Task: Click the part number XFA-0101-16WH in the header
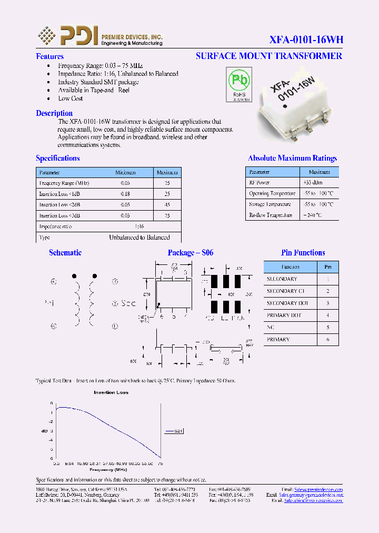tap(306, 40)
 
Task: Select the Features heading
tap(49, 56)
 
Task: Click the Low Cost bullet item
tap(71, 98)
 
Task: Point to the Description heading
tap(54, 113)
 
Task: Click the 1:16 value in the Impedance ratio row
tap(139, 226)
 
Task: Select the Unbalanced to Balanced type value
tap(139, 238)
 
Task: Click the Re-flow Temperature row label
tap(270, 215)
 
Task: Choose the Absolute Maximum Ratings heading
tap(292, 158)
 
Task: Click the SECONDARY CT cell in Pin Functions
tap(285, 291)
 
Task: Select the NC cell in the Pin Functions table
tap(271, 328)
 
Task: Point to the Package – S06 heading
tap(191, 253)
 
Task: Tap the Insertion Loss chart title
tap(111, 392)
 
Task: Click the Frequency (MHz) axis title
tap(108, 469)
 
